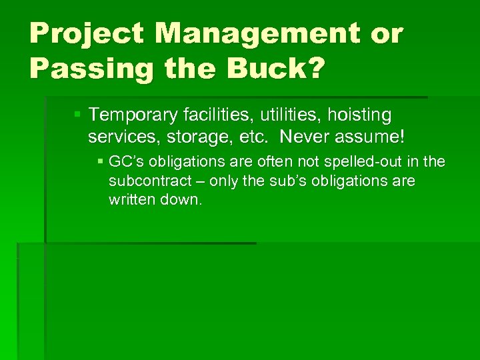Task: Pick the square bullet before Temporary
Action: point(78,115)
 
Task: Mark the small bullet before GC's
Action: point(100,162)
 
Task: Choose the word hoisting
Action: point(361,115)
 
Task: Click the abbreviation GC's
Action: point(125,162)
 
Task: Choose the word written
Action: point(131,200)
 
